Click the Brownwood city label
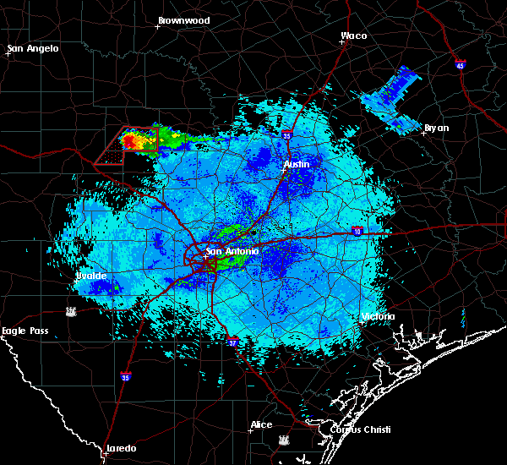coord(183,19)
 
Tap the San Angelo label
coord(34,48)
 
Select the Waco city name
coord(353,36)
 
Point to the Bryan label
coord(436,128)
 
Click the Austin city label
coord(297,164)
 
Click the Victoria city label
coord(378,316)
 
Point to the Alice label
coord(261,424)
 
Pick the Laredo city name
coord(121,448)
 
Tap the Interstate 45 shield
coord(460,64)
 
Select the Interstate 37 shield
coord(233,342)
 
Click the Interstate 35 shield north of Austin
coord(287,134)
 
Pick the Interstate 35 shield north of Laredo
coord(126,376)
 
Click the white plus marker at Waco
coord(342,44)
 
